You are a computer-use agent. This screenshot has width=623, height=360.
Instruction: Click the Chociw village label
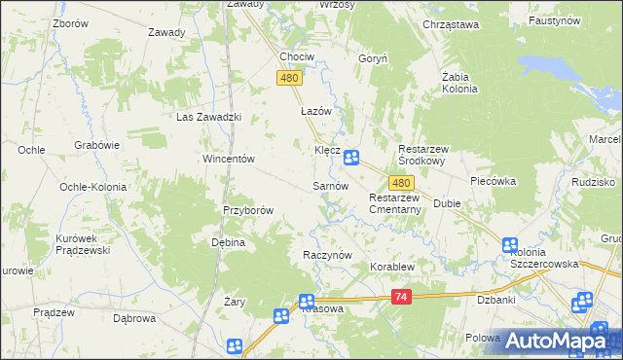[x=297, y=56]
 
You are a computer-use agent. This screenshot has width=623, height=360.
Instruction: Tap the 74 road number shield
[x=400, y=298]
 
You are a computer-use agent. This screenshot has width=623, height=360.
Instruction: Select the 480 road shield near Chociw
[x=288, y=79]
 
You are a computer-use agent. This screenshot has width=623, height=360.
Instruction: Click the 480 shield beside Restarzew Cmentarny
[x=401, y=183]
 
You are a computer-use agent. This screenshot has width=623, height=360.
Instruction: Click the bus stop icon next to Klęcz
[x=351, y=157]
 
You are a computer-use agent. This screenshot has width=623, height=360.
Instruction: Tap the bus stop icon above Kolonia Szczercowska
[x=510, y=246]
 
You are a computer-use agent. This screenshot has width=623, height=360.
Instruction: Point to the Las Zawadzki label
[x=207, y=117]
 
